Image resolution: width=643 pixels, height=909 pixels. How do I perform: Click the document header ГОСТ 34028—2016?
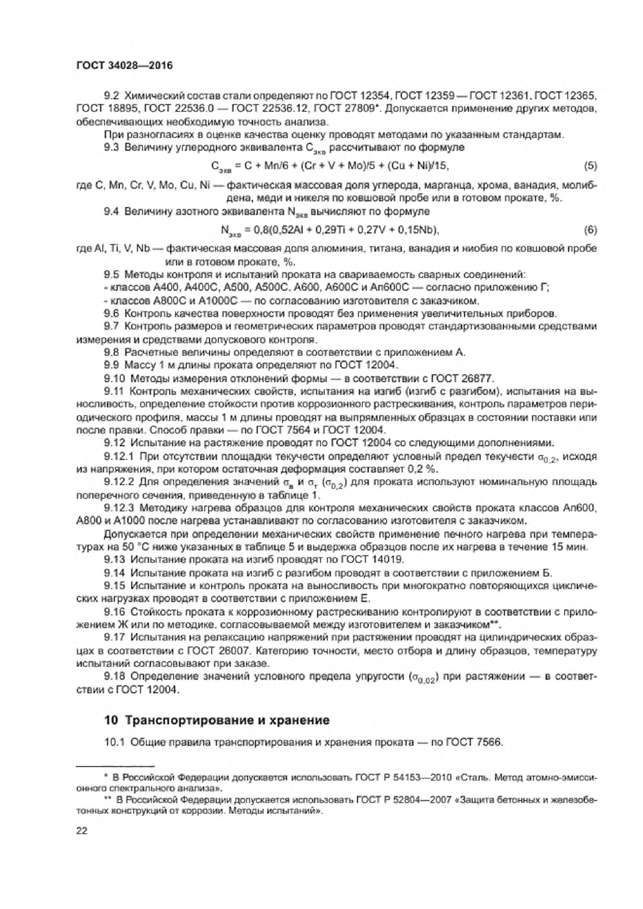pyautogui.click(x=124, y=65)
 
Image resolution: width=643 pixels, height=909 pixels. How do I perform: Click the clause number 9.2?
pyautogui.click(x=113, y=95)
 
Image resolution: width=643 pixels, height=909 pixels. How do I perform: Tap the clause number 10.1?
pyautogui.click(x=115, y=742)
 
